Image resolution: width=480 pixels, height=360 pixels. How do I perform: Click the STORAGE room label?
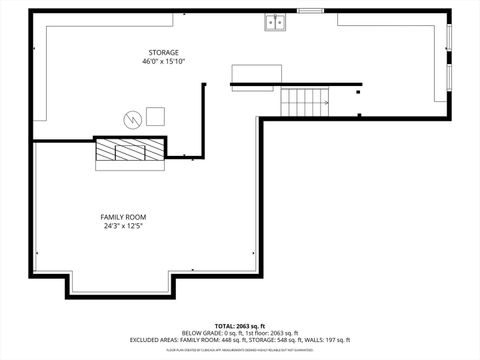165,51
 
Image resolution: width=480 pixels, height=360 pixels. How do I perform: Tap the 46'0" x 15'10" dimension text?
165,62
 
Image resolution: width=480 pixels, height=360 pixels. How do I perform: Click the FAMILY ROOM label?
123,217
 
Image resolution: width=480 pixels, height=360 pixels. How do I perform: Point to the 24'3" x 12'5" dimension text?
123,227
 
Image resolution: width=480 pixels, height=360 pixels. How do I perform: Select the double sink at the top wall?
276,21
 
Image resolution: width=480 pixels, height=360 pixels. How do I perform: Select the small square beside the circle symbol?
156,114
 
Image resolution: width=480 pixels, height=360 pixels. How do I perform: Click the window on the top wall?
311,11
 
